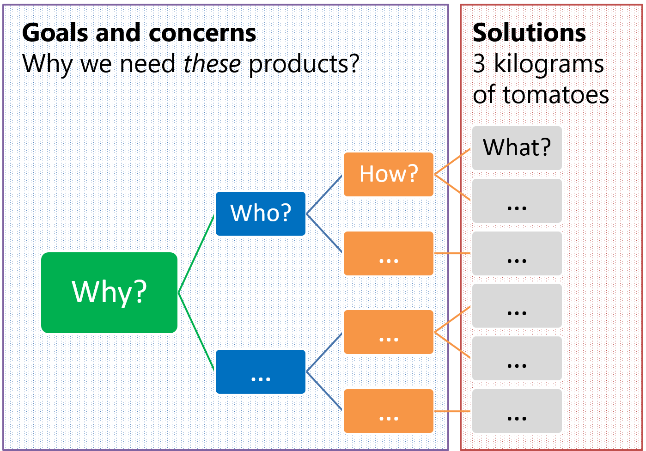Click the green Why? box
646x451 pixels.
pyautogui.click(x=109, y=293)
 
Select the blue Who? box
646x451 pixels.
pyautogui.click(x=261, y=213)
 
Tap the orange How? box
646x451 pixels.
pyautogui.click(x=389, y=174)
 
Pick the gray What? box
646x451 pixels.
pyautogui.click(x=517, y=148)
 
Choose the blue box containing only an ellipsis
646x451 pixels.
pyautogui.click(x=261, y=372)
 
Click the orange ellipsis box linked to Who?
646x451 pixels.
pyautogui.click(x=389, y=253)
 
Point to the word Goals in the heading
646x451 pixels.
pyautogui.click(x=55, y=33)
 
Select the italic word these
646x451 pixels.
pyautogui.click(x=212, y=64)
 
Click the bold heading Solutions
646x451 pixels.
pyautogui.click(x=529, y=33)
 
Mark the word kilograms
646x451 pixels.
pyautogui.click(x=548, y=64)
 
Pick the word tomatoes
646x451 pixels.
pyautogui.click(x=555, y=95)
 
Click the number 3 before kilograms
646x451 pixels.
pyautogui.click(x=479, y=64)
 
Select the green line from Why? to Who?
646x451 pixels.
pyautogui.click(x=196, y=253)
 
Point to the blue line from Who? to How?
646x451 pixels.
pyautogui.click(x=324, y=194)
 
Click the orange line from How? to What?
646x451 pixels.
pyautogui.click(x=453, y=161)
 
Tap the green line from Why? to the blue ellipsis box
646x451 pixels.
pyautogui.click(x=196, y=332)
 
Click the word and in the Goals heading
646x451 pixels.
pyautogui.click(x=118, y=33)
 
